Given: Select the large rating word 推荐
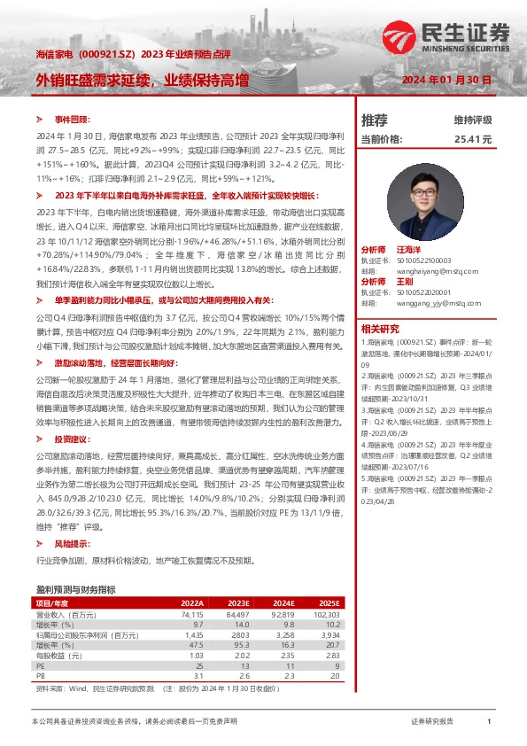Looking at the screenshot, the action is tap(375, 120).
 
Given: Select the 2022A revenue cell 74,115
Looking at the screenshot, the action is tap(190, 614).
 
